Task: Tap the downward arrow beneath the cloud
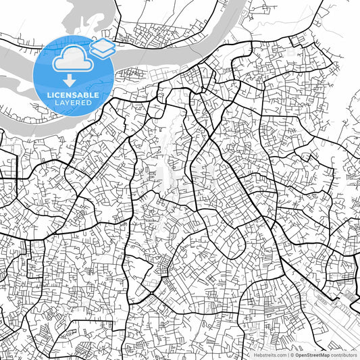(x=70, y=78)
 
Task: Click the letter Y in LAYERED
(x=65, y=104)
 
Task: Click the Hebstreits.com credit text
(x=269, y=355)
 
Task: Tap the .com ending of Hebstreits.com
(x=280, y=355)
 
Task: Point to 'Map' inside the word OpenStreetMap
(x=325, y=355)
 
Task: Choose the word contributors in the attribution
(x=344, y=355)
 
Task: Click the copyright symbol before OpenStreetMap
(x=292, y=355)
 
